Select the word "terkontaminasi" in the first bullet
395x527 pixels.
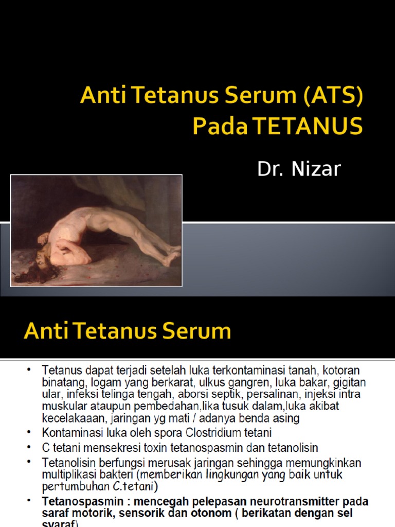243,371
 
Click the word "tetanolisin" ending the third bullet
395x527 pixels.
295,447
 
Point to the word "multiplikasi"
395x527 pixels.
70,473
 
